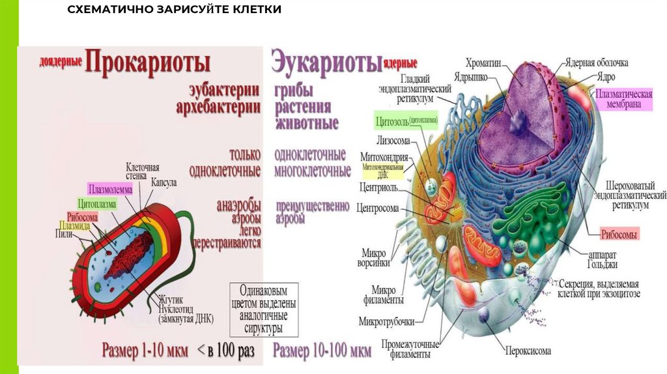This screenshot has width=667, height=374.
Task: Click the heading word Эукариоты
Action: click(326, 63)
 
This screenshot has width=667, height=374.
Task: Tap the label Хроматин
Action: click(482, 63)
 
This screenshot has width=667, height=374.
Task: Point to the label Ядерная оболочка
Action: click(596, 63)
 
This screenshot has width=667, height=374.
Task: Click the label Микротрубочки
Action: click(388, 322)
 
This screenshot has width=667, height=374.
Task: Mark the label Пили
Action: click(64, 234)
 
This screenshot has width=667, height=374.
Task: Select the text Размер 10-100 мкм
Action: click(322, 351)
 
